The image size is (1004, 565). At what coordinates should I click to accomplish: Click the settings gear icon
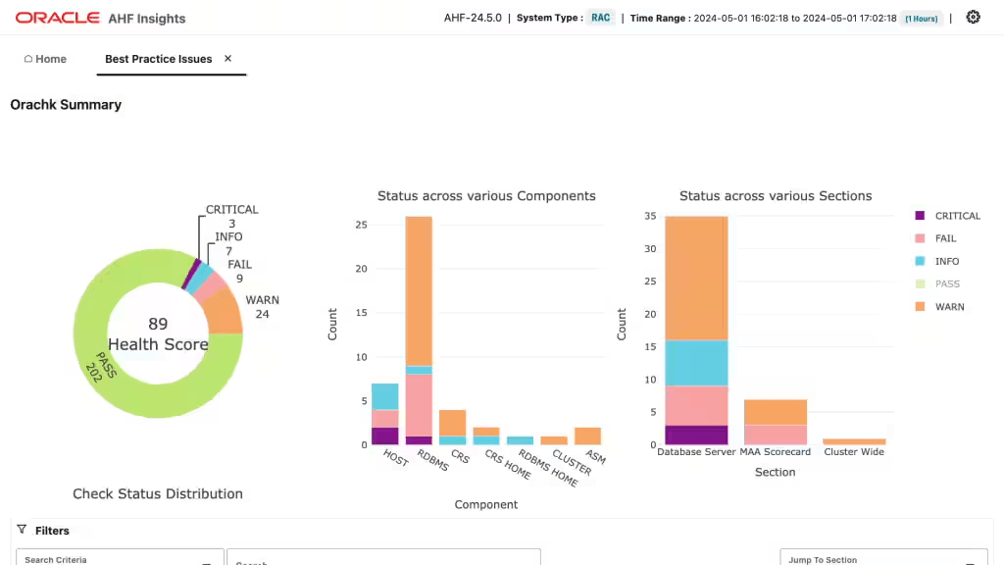[973, 18]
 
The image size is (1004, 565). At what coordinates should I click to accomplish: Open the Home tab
[45, 59]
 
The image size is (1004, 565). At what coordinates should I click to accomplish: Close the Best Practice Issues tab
[227, 58]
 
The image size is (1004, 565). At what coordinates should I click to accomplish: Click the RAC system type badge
[601, 18]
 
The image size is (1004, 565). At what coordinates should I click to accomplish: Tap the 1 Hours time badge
[922, 19]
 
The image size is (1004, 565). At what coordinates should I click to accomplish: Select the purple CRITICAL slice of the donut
[191, 275]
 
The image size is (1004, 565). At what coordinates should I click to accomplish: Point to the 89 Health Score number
[158, 324]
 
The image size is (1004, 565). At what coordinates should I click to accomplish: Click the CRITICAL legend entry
[948, 216]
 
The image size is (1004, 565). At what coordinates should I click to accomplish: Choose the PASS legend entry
[938, 283]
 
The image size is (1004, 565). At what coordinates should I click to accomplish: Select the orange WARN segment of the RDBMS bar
[419, 290]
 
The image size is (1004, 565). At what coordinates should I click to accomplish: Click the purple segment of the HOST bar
[384, 436]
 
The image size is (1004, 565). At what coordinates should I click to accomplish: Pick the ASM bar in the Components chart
[588, 436]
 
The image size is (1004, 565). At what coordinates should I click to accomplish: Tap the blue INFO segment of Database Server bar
[696, 363]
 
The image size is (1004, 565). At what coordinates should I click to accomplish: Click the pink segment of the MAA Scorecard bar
[776, 435]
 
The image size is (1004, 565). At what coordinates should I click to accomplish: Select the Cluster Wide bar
[854, 441]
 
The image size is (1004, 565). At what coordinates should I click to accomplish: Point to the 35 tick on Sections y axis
[651, 216]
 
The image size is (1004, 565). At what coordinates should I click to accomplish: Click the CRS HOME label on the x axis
[508, 464]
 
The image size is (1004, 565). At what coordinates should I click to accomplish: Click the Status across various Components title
[486, 196]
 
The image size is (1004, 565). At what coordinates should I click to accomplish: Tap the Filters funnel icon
[22, 529]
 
